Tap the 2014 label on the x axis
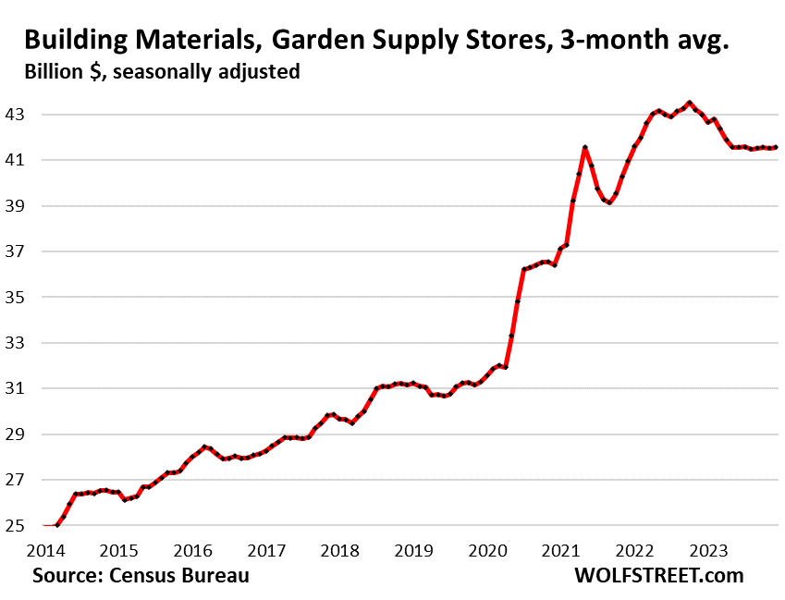click(43, 550)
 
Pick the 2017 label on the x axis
click(267, 550)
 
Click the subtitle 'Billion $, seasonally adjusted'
click(155, 71)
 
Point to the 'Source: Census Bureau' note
click(141, 575)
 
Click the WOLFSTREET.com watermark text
click(658, 575)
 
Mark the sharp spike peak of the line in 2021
click(585, 147)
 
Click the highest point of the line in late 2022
click(689, 103)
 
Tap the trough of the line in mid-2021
click(609, 202)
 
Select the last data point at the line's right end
click(774, 147)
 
